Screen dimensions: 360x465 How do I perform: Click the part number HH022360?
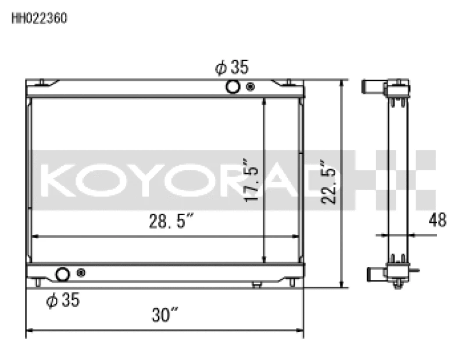40,18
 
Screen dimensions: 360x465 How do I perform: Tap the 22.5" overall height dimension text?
330,182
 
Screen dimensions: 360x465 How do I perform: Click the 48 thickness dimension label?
437,220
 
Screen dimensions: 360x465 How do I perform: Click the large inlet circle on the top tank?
233,87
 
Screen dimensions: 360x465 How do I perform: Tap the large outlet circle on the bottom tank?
62,273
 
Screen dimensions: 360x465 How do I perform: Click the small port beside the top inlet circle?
251,87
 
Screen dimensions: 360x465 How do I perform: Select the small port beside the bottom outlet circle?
81,273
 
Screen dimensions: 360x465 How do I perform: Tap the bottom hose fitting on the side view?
373,272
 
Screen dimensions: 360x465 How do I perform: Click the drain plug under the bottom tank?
256,284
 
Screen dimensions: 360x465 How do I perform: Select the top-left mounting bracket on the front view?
42,83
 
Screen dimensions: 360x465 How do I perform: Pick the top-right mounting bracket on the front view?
288,83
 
